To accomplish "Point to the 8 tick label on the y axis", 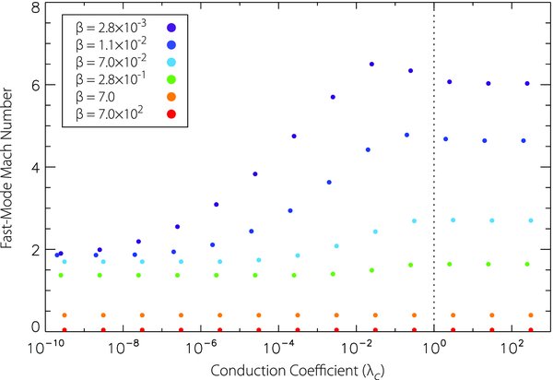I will (33, 7).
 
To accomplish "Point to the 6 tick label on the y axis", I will (33, 86).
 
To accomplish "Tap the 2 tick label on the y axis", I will (33, 249).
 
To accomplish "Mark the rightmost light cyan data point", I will (531, 220).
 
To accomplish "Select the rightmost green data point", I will (527, 264).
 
